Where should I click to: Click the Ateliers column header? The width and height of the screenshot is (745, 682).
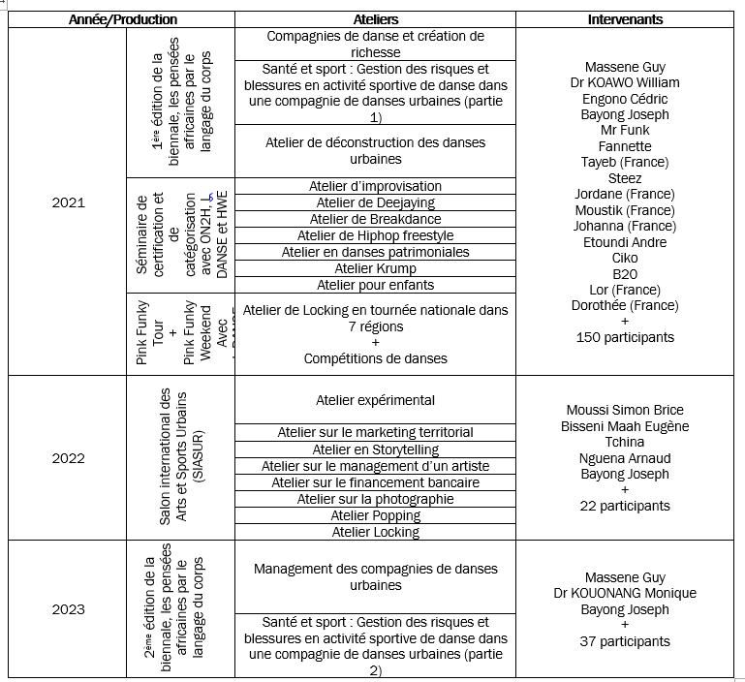pyautogui.click(x=375, y=19)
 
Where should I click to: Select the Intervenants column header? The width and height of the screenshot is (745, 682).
pyautogui.click(x=625, y=19)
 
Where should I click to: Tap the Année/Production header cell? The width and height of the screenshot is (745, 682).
pyautogui.click(x=123, y=19)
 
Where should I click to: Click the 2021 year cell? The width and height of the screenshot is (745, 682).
pyautogui.click(x=68, y=202)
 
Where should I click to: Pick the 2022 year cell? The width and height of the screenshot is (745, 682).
pyautogui.click(x=68, y=458)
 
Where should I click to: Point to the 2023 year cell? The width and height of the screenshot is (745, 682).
pyautogui.click(x=68, y=609)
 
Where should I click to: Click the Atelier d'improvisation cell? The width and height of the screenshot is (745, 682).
pyautogui.click(x=375, y=186)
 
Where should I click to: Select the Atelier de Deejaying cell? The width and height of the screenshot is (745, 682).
pyautogui.click(x=375, y=202)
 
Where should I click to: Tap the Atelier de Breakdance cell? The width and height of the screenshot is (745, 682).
pyautogui.click(x=375, y=219)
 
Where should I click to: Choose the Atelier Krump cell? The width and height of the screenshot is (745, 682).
pyautogui.click(x=375, y=268)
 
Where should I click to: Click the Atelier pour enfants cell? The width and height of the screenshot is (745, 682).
pyautogui.click(x=375, y=285)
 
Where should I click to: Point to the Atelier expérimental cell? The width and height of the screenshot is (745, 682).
pyautogui.click(x=375, y=400)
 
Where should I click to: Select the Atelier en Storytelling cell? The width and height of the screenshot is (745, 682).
pyautogui.click(x=375, y=449)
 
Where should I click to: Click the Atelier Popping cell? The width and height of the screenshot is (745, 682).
pyautogui.click(x=375, y=515)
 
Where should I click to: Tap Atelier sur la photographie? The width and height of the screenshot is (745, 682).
pyautogui.click(x=375, y=499)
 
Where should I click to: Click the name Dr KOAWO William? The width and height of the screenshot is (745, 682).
pyautogui.click(x=625, y=82)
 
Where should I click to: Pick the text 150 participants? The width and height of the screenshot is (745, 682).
pyautogui.click(x=625, y=337)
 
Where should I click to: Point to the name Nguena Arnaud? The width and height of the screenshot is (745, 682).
pyautogui.click(x=625, y=458)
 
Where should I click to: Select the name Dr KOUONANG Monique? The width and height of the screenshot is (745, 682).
pyautogui.click(x=625, y=593)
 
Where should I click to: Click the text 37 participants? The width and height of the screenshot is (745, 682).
pyautogui.click(x=625, y=641)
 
